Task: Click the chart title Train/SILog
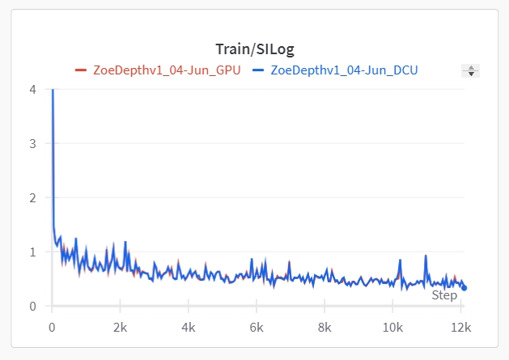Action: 254,49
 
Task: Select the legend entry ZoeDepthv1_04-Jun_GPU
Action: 167,70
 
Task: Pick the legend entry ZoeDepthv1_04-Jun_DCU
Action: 344,70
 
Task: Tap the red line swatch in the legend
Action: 80,70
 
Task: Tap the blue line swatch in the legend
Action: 258,70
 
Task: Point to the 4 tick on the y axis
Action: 32,89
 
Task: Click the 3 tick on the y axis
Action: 32,143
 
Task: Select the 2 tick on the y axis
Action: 32,197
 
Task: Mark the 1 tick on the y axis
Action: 32,252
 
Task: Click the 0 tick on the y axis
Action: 32,306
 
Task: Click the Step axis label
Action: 444,295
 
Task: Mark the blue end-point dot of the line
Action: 464,287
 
